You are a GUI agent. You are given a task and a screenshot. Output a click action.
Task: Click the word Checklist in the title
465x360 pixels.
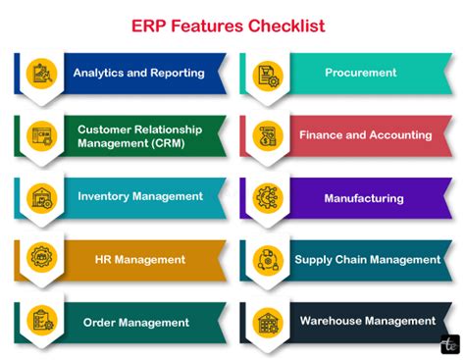pyautogui.click(x=286, y=26)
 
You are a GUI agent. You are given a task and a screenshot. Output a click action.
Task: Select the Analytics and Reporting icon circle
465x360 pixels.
pyautogui.click(x=41, y=74)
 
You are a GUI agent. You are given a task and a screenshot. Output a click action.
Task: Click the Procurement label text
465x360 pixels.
pyautogui.click(x=361, y=73)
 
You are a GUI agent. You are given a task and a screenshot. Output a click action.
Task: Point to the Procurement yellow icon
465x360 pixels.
pyautogui.click(x=268, y=76)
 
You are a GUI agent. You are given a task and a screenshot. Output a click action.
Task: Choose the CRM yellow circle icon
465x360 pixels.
pyautogui.click(x=41, y=136)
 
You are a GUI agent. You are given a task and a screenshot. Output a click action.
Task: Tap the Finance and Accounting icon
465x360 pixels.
pyautogui.click(x=268, y=136)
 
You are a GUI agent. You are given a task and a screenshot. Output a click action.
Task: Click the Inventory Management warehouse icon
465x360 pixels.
pyautogui.click(x=41, y=198)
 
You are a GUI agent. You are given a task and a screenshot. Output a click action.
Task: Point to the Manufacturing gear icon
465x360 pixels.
pyautogui.click(x=268, y=198)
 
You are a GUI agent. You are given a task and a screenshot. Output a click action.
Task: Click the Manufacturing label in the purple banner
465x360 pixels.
pyautogui.click(x=364, y=198)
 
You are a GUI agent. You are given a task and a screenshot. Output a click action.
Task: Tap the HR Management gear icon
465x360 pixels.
pyautogui.click(x=41, y=257)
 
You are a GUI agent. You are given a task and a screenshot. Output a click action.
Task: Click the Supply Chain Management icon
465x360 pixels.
pyautogui.click(x=268, y=260)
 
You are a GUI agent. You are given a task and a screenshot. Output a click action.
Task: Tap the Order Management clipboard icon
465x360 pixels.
pyautogui.click(x=41, y=320)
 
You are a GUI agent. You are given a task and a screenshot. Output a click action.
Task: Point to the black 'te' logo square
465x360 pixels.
pyautogui.click(x=450, y=344)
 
